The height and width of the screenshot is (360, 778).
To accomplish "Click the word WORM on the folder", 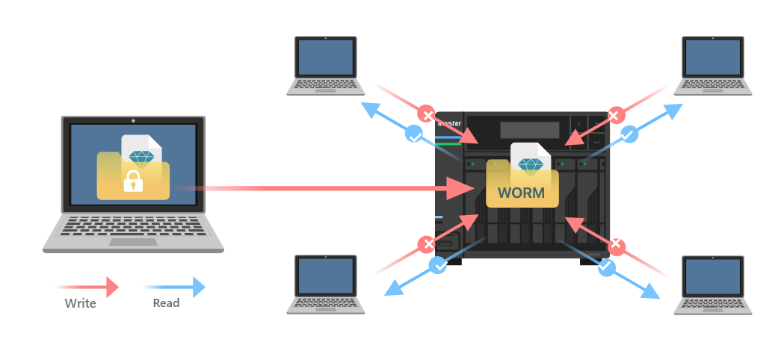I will pos(521,193).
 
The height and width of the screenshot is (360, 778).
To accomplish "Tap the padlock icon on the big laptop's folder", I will pos(133,180).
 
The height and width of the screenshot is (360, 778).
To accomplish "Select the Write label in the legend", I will pos(80,303).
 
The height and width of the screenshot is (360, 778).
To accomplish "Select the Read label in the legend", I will pos(166,303).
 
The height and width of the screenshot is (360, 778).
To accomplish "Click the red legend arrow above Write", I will pos(87,286).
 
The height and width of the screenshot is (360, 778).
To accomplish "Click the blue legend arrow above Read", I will pos(173,286).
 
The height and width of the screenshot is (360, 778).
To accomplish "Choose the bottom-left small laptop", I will pos(326,284).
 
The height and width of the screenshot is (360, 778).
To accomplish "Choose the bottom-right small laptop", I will pos(712,284).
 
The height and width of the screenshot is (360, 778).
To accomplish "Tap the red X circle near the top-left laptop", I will pos(427,115).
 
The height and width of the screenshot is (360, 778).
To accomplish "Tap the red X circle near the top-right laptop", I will pos(614,115).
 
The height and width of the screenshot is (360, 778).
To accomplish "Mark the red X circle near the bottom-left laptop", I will pos(426,244).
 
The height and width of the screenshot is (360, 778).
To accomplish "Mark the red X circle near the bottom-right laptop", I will pos(615,244).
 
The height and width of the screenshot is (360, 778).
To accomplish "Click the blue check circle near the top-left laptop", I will pos(413,135).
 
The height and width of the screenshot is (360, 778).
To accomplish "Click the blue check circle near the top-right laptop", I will pos(629,135).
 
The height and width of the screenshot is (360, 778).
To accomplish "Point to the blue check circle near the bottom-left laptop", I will pos(438,264).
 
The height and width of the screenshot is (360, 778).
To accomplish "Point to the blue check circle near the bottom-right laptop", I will pos(606,265).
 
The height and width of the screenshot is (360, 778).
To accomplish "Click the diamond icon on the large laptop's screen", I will pos(141,157).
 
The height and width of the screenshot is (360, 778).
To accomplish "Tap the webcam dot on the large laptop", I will pos(133,120).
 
